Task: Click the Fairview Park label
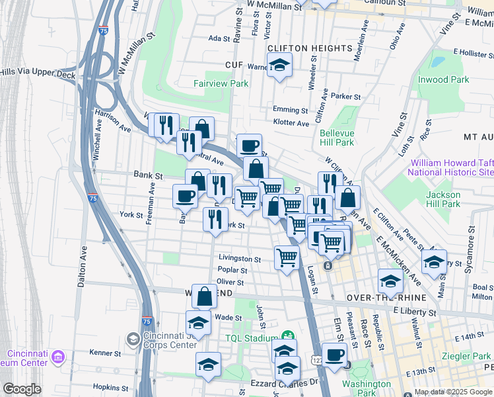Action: point(221,84)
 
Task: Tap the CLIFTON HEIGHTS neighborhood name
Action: point(309,49)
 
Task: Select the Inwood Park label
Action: point(442,79)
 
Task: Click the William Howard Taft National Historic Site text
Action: point(451,167)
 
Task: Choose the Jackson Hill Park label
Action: point(442,199)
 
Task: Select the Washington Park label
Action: point(367,388)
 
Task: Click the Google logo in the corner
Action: point(22,388)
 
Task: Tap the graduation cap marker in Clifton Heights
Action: point(280,66)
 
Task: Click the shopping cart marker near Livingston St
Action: point(287,256)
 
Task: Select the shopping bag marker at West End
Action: point(205,296)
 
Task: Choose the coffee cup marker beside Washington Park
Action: point(334,354)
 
